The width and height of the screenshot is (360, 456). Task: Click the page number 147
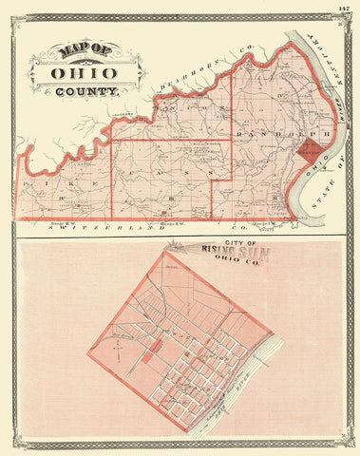(342, 9)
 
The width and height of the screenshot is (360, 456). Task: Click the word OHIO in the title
(84, 72)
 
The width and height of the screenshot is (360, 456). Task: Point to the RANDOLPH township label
(271, 133)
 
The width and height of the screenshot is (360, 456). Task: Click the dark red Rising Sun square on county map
(308, 151)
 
